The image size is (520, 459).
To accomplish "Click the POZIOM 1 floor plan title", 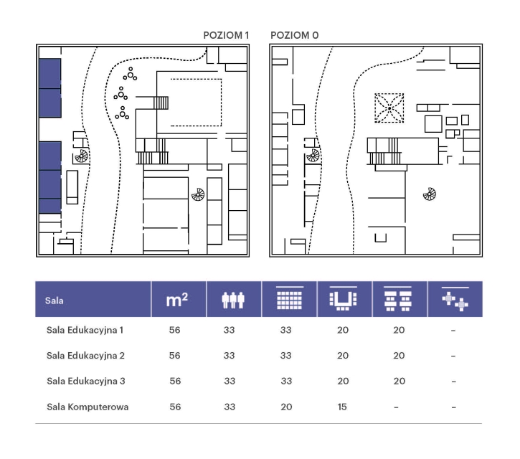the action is tap(226, 35).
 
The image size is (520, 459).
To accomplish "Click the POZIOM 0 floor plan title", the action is tap(295, 35).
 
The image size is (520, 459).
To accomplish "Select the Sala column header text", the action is tap(54, 301).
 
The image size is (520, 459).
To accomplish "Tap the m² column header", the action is tap(176, 300).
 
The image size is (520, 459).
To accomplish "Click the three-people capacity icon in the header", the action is tap(233, 300).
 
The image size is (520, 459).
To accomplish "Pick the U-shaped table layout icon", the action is tap(344, 298).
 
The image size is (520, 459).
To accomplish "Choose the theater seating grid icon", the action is tap(290, 298).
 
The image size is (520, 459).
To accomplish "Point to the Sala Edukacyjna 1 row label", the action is tap(85, 331).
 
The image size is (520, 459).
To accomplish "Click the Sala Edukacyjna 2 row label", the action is tap(85, 356).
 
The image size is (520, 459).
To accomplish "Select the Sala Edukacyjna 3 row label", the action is tap(86, 381).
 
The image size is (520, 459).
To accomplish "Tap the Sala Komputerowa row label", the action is tap(88, 407).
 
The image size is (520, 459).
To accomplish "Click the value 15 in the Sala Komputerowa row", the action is tap(342, 407).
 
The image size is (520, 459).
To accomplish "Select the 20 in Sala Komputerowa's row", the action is tap(286, 407).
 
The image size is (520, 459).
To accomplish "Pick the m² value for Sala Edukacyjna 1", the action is tap(174, 330).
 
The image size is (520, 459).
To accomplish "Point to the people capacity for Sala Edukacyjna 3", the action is tap(230, 381).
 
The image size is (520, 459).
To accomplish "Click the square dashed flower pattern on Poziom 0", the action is tap(389, 108).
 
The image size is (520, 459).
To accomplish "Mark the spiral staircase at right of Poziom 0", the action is tap(430, 194).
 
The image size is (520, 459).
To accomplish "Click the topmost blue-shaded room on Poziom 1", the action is tap(50, 73).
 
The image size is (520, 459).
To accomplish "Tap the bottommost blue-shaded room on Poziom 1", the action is tap(50, 206).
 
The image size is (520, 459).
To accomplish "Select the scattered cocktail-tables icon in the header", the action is tap(455, 299).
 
